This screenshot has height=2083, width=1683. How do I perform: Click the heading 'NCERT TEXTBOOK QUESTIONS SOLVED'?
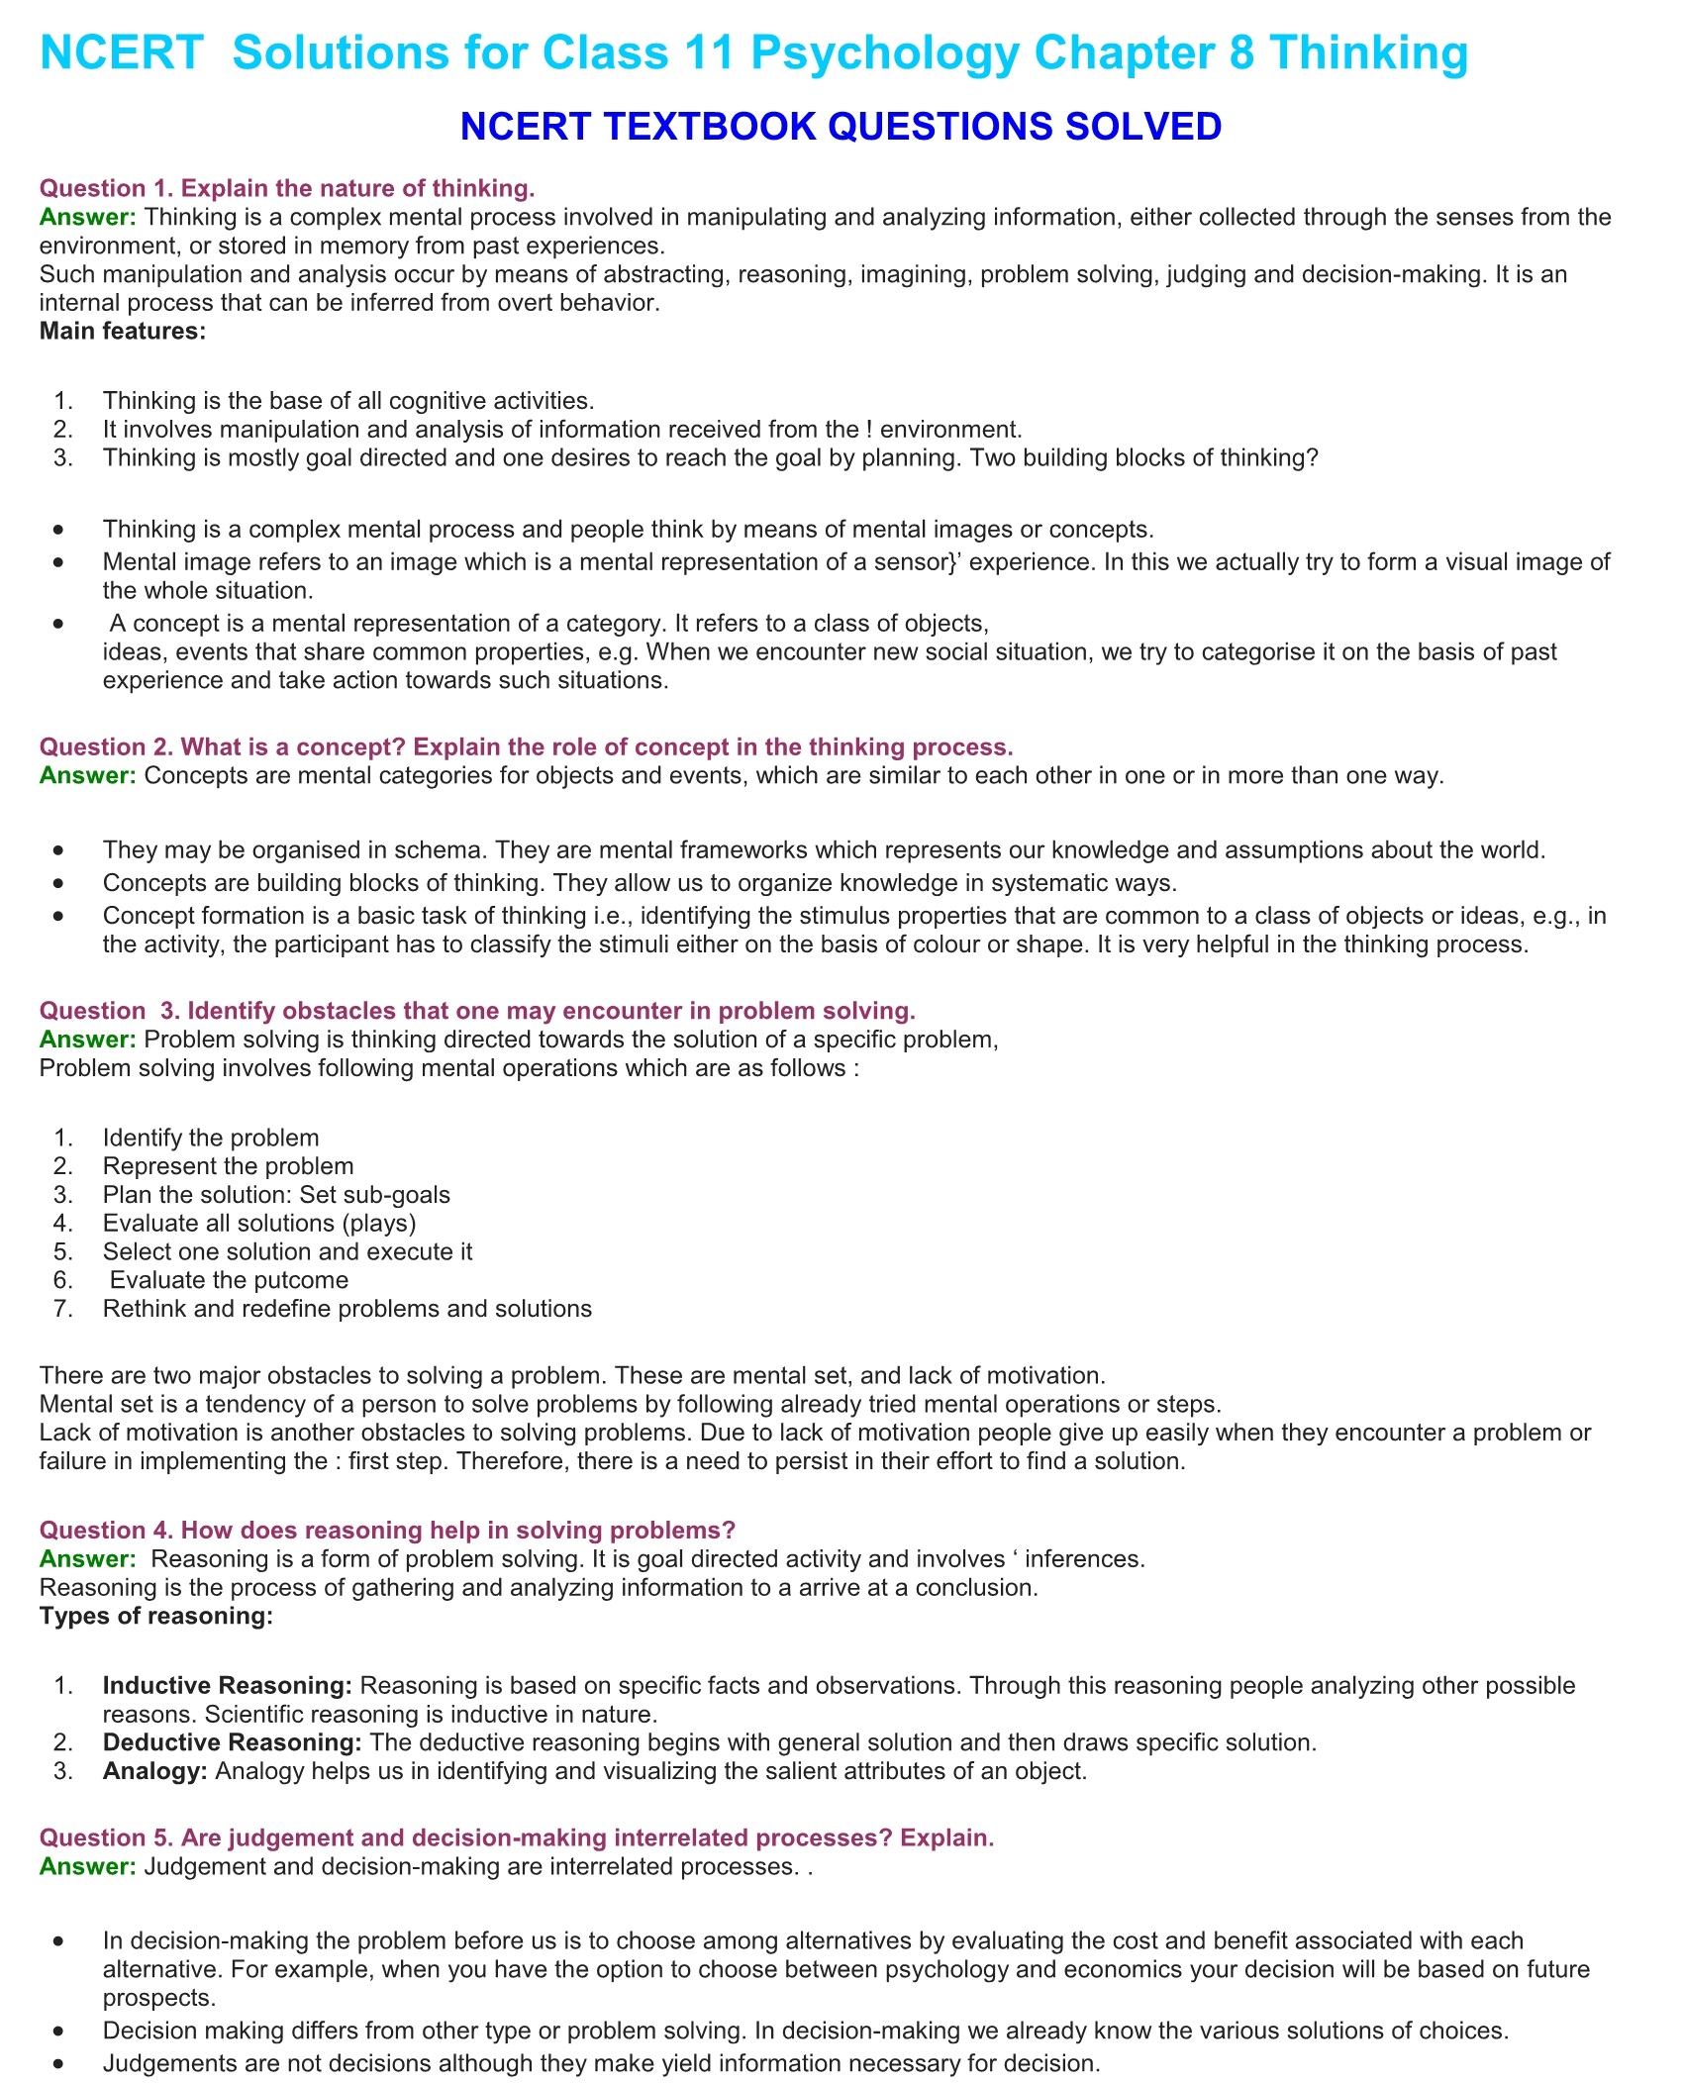pyautogui.click(x=841, y=127)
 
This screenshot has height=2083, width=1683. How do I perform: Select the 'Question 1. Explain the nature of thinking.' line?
pyautogui.click(x=287, y=188)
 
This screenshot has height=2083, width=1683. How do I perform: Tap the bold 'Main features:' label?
pyautogui.click(x=123, y=331)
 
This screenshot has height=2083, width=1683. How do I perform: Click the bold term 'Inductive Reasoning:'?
pyautogui.click(x=228, y=1685)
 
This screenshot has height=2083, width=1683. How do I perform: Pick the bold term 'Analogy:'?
pyautogui.click(x=154, y=1771)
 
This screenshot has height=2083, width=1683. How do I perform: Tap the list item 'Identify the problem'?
pyautogui.click(x=211, y=1138)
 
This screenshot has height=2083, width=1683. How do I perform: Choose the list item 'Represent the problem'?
pyautogui.click(x=228, y=1166)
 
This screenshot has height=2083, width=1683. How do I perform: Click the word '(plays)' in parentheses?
pyautogui.click(x=379, y=1223)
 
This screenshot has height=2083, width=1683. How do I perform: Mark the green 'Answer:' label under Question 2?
pyautogui.click(x=88, y=775)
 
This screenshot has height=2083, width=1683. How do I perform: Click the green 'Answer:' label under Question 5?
pyautogui.click(x=88, y=1866)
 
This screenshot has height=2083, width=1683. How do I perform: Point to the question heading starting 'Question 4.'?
pyautogui.click(x=387, y=1530)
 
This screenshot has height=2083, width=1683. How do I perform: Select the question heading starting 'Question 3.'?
pyautogui.click(x=477, y=1010)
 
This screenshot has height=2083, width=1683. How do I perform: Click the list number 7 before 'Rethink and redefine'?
pyautogui.click(x=62, y=1309)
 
